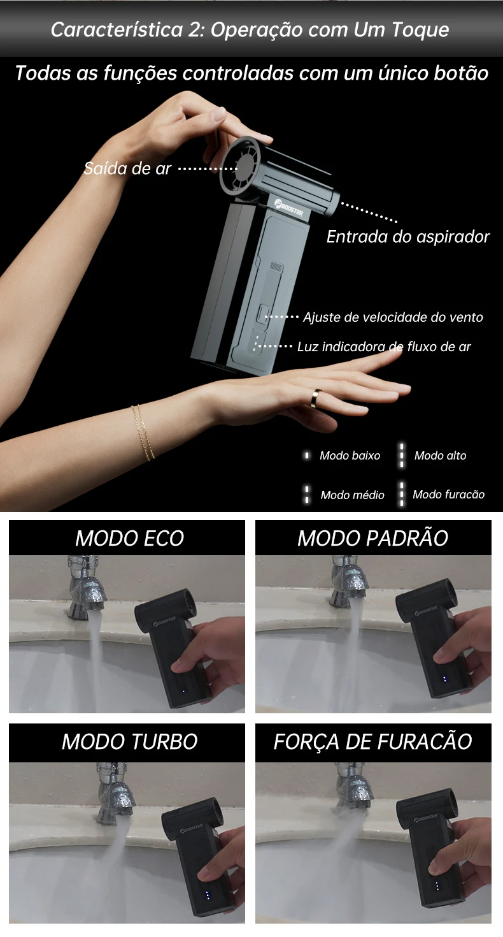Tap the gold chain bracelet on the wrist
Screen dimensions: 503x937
point(143,432)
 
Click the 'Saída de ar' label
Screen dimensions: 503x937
point(128,168)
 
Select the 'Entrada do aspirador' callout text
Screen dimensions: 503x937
point(407,237)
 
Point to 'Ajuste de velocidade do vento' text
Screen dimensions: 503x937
point(393,317)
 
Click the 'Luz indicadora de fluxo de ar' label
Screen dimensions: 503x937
point(384,347)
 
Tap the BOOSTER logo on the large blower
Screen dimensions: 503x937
point(288,207)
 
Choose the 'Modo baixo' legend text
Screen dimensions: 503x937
point(350,456)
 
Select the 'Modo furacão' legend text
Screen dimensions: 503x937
point(449,495)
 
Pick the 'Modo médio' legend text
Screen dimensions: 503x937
point(353,495)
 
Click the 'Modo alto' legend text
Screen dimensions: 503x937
point(441,456)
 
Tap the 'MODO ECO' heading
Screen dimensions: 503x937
point(129,539)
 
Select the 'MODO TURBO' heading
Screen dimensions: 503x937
point(129,742)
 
